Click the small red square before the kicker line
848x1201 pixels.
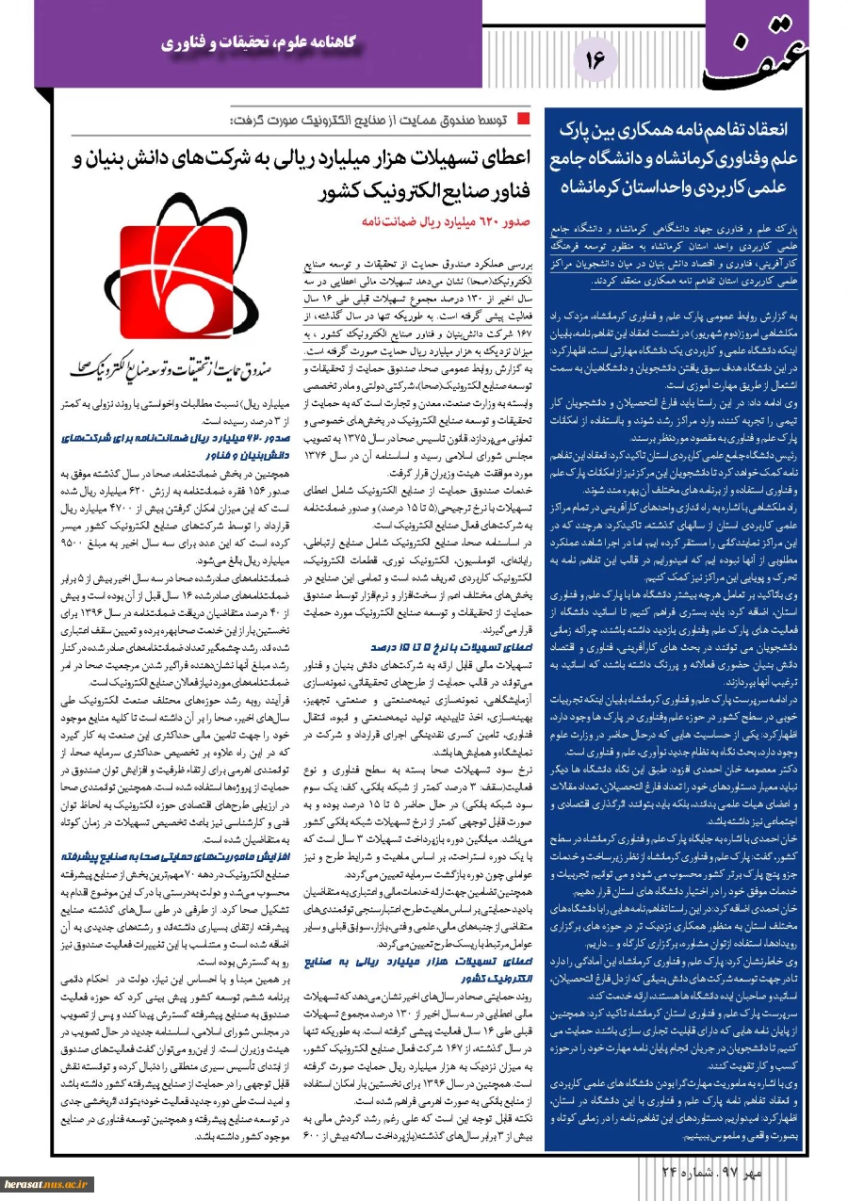click(x=525, y=122)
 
